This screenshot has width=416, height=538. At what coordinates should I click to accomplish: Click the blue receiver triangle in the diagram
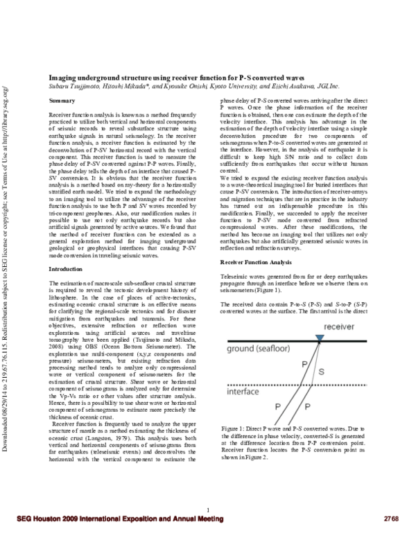point(318,338)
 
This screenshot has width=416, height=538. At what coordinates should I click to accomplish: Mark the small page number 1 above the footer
point(208,510)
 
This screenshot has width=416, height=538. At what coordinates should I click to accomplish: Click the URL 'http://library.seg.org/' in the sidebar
point(6,114)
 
